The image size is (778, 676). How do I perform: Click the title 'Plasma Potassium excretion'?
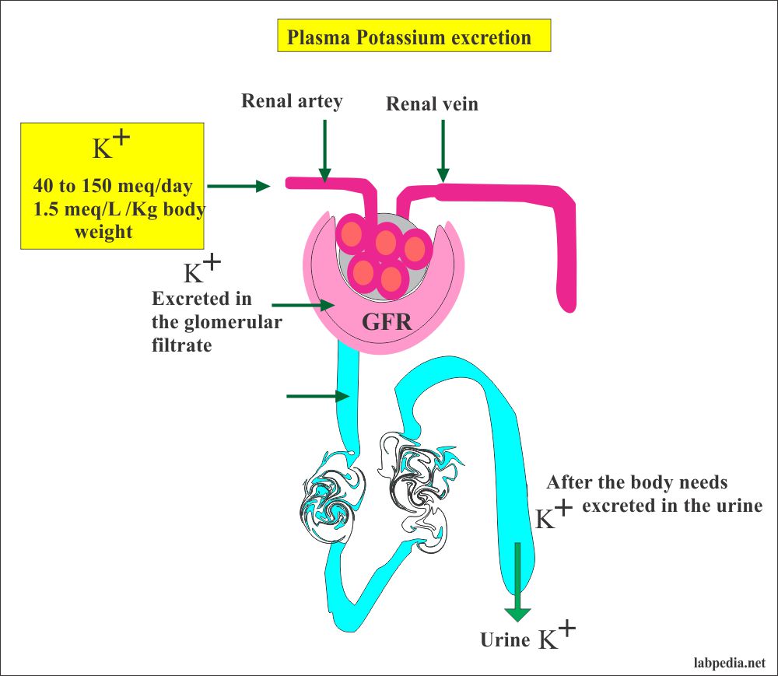pos(414,37)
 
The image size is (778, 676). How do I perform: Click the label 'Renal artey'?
pos(291,101)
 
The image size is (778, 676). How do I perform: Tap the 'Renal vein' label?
pos(432,103)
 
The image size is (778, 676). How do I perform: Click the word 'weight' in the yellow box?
pos(103,232)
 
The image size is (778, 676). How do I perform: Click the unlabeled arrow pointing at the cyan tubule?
pos(317,396)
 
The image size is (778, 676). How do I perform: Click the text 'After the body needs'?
pos(636,482)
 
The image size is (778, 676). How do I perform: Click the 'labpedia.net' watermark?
pos(727,663)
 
